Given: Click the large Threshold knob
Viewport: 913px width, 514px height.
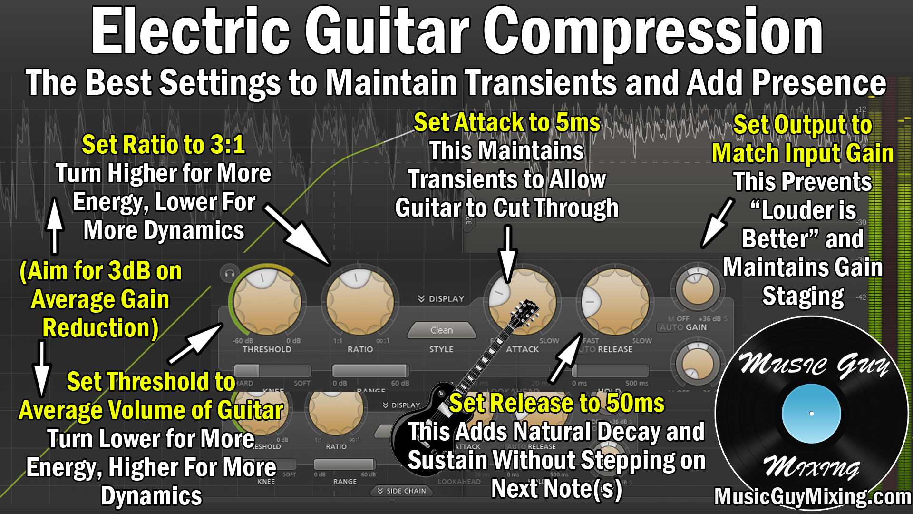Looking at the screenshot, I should click(267, 302).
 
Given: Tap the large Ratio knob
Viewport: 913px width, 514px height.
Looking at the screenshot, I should click(359, 301).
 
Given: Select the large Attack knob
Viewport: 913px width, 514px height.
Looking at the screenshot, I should click(522, 301).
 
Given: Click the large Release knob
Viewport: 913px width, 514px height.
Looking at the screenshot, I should click(614, 301).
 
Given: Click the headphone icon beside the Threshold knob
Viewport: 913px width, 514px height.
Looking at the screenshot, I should click(230, 274).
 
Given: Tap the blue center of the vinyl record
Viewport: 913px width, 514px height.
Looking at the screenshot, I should click(811, 414).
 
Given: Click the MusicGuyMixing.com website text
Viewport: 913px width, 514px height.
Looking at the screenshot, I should click(812, 497).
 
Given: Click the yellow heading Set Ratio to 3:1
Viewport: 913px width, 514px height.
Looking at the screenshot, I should click(163, 145).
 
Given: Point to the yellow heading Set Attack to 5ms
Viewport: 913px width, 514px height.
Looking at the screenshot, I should click(507, 123).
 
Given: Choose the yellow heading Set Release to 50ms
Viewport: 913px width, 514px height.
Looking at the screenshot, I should click(556, 404).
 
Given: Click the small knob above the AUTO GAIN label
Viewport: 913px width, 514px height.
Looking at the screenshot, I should click(698, 288).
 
